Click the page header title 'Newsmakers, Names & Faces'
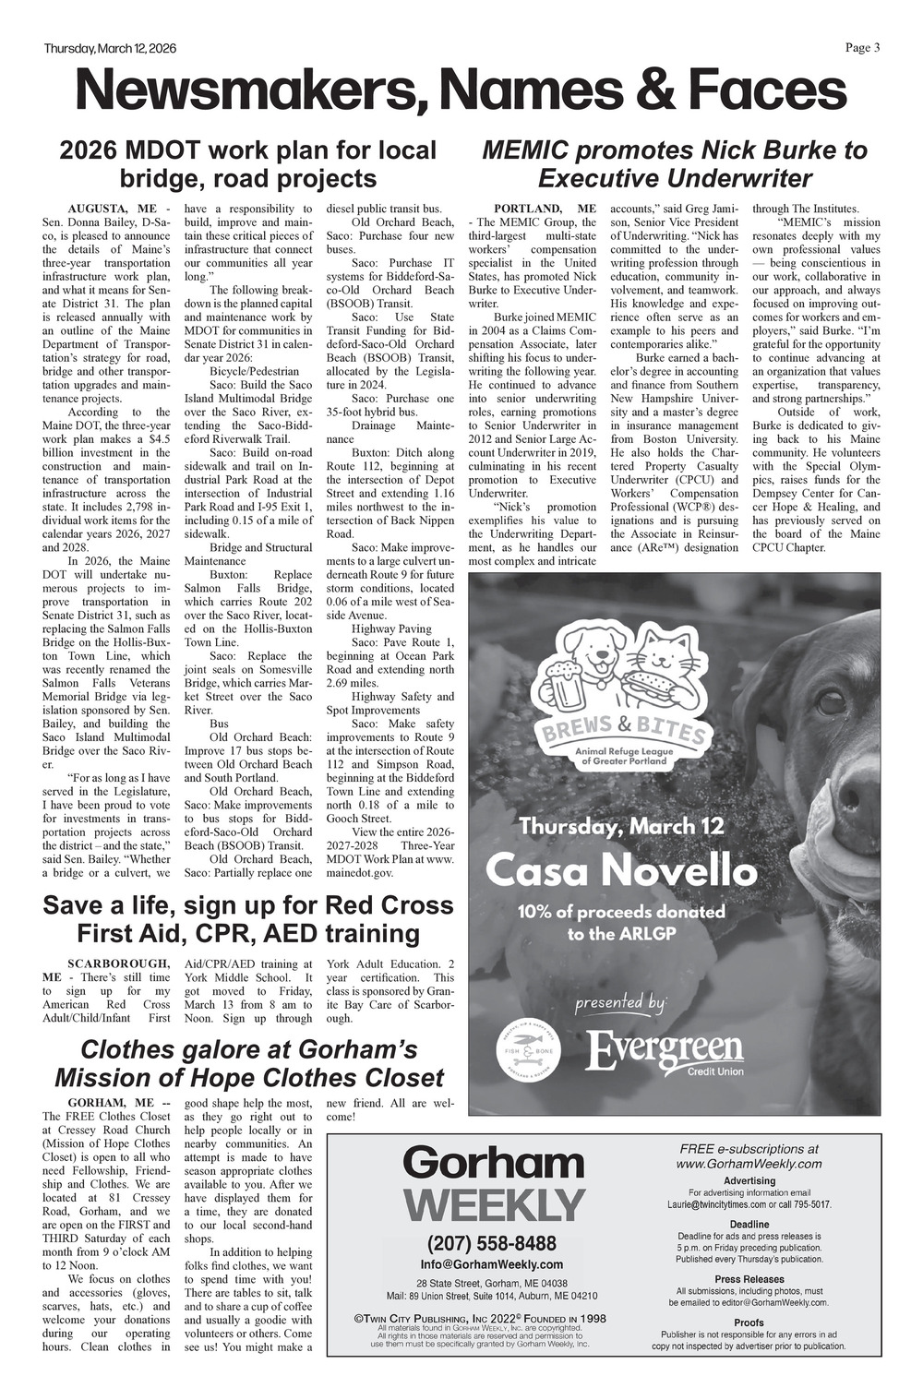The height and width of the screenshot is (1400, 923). pos(461,92)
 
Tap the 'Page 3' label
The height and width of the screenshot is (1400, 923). pos(862,48)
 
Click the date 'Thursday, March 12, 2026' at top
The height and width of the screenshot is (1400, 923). pos(110,49)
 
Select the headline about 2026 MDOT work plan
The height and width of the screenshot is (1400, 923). pos(248,163)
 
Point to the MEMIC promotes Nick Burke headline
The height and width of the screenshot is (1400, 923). pos(675,163)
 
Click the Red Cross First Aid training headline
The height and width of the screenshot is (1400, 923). pos(248,918)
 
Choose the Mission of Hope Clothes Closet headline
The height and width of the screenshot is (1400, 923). pos(248,1063)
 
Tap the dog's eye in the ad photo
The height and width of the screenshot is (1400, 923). pos(832,700)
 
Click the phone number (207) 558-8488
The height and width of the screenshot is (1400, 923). pos(492,1243)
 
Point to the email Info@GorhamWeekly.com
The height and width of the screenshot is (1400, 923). pos(492,1264)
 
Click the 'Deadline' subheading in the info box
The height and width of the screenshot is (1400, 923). pos(749,1225)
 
